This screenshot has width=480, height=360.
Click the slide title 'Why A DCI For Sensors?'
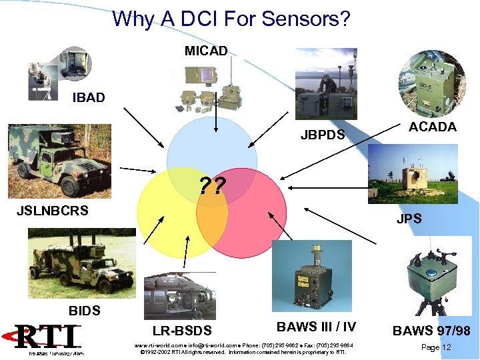[231, 18]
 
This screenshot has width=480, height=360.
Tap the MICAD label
[206, 51]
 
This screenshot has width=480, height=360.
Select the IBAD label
[89, 98]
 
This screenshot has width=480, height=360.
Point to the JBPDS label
[323, 135]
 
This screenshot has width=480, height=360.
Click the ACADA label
[432, 127]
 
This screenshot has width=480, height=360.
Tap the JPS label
[409, 219]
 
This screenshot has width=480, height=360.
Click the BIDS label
[85, 311]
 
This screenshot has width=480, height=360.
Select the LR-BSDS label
[182, 331]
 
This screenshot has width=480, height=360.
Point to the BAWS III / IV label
[316, 327]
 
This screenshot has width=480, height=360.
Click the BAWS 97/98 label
[431, 331]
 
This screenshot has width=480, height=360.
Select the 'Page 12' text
[437, 347]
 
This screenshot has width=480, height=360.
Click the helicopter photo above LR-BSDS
[178, 293]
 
